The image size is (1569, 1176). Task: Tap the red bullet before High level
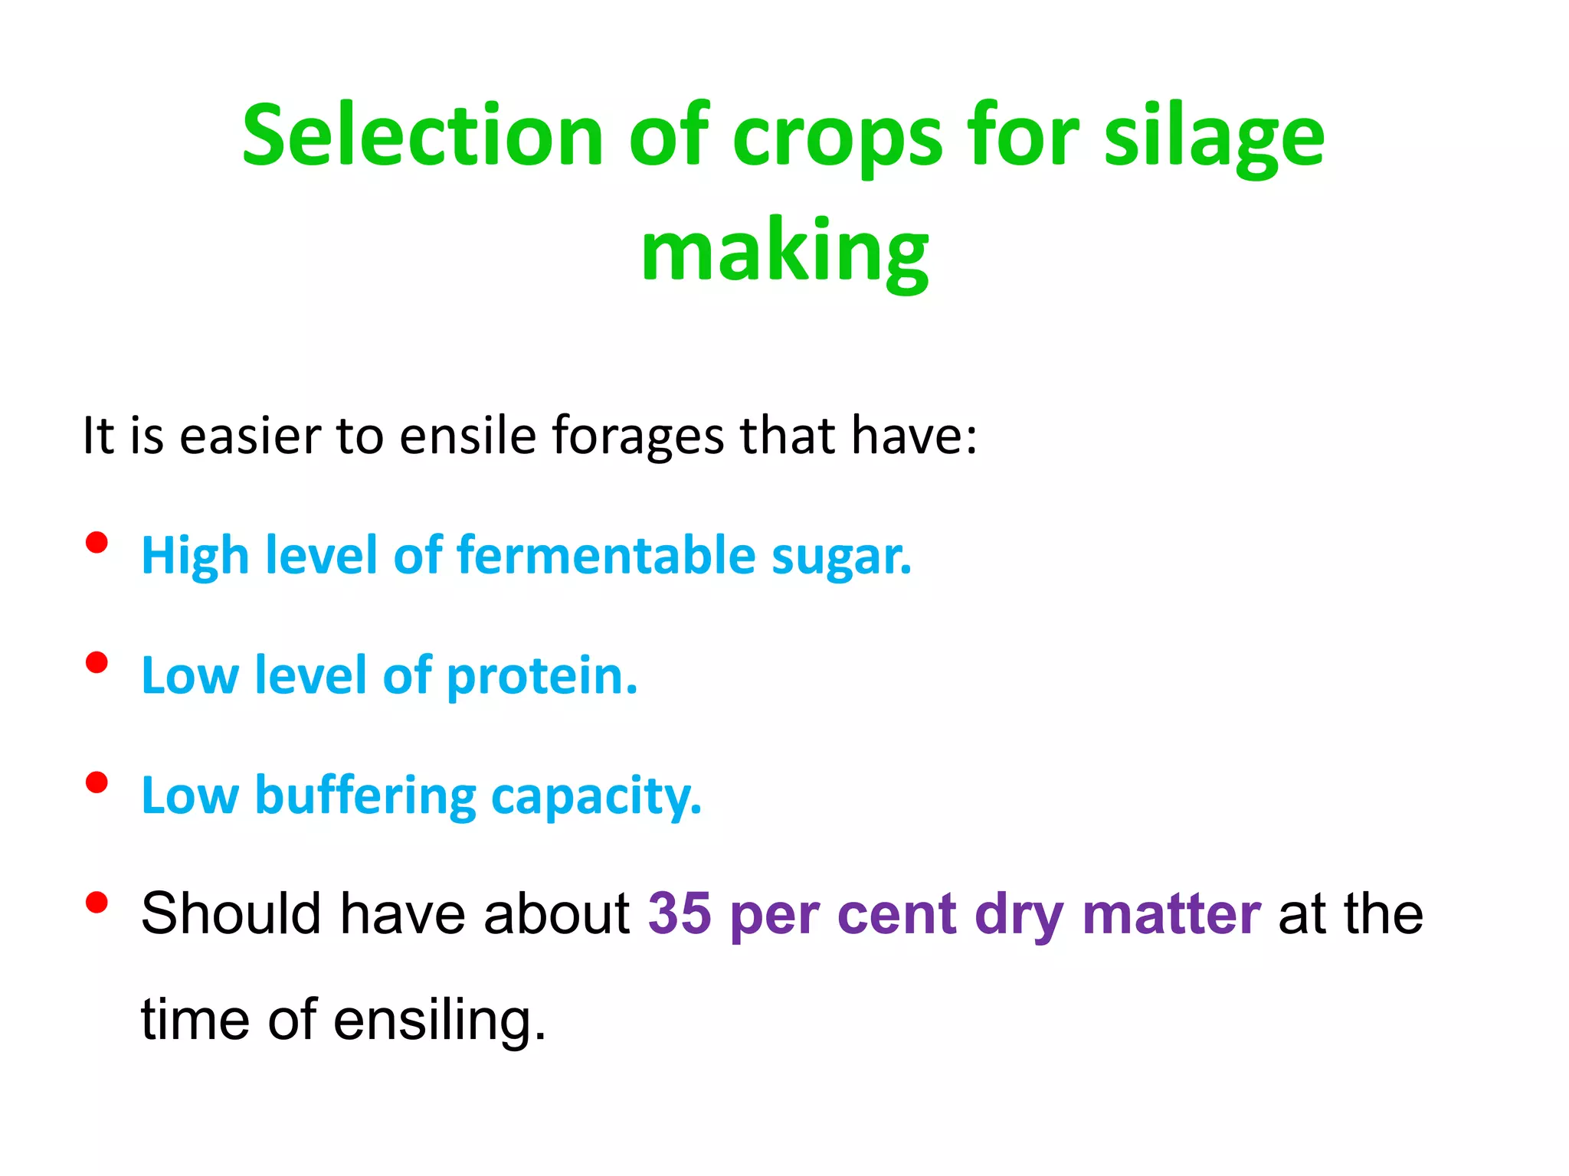[97, 543]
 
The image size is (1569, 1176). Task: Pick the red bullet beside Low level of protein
[97, 662]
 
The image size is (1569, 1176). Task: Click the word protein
[542, 677]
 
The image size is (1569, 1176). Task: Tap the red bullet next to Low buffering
[97, 782]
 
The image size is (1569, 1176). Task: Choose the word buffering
[365, 796]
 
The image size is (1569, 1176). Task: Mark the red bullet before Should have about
[97, 903]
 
